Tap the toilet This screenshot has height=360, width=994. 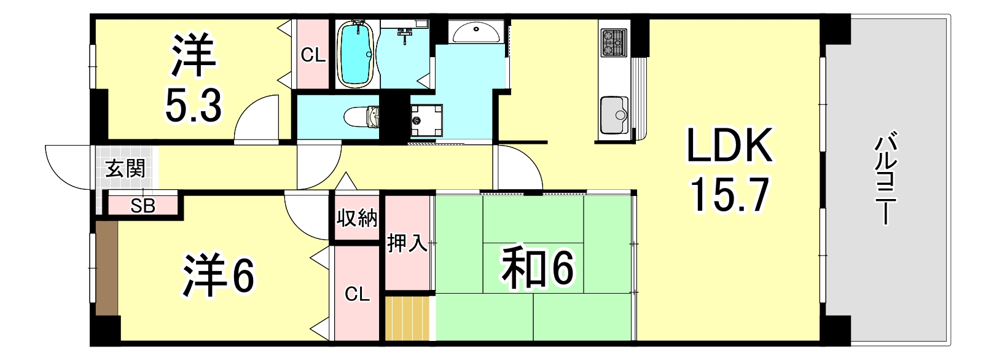(x=362, y=117)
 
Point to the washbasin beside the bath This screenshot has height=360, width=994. (x=477, y=32)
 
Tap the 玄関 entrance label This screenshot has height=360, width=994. (x=125, y=168)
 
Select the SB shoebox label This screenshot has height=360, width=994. (x=143, y=206)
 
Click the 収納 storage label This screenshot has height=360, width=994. (x=358, y=218)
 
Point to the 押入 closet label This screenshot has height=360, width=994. (x=407, y=243)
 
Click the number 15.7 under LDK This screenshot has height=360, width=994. (x=729, y=195)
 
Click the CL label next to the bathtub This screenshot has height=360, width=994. (x=313, y=56)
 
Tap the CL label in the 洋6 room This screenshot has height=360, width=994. (x=357, y=294)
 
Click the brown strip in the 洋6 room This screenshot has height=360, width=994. (x=106, y=268)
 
